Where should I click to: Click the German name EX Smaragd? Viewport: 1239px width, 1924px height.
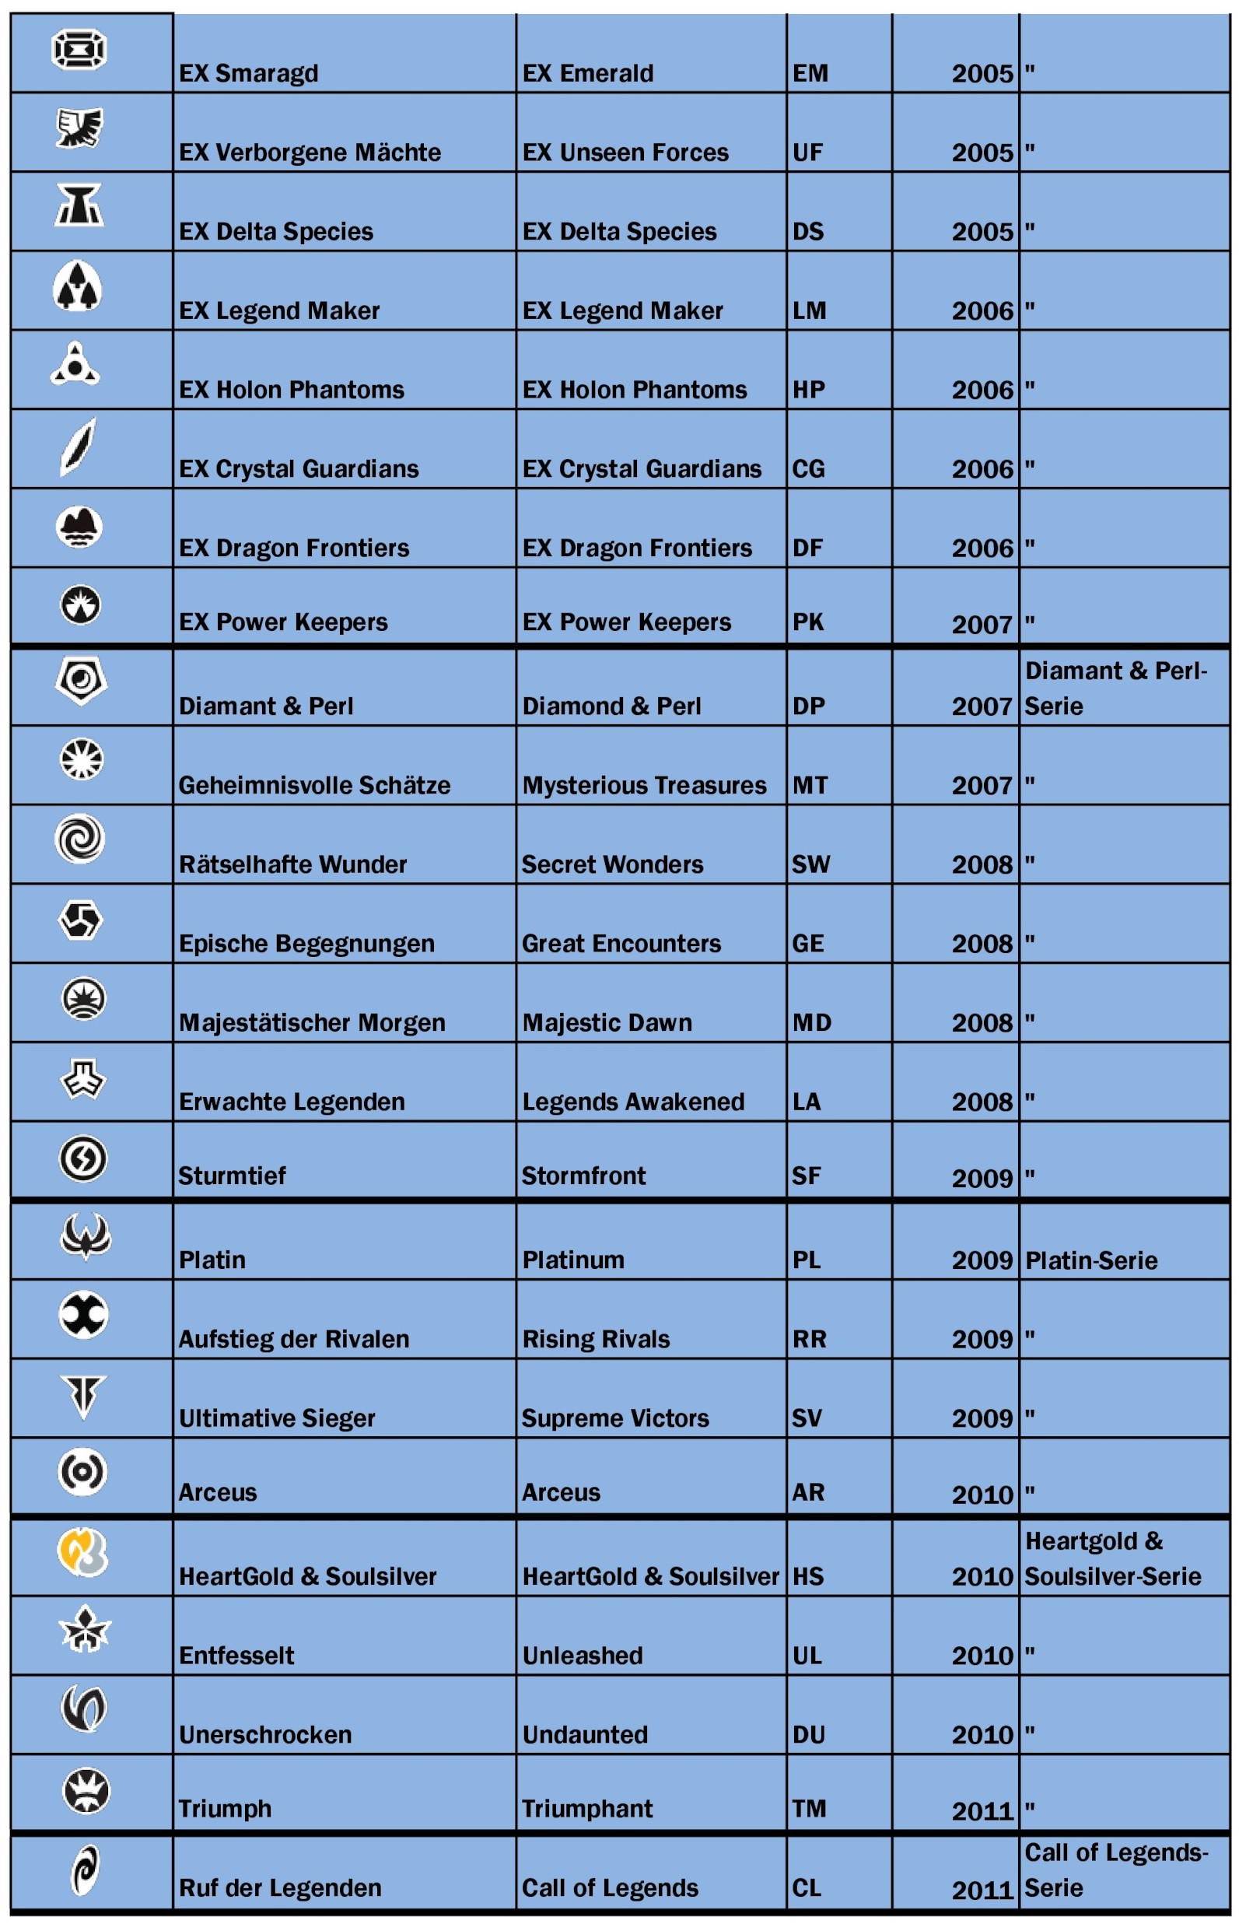(x=249, y=73)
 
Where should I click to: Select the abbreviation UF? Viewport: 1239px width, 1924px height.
(x=808, y=152)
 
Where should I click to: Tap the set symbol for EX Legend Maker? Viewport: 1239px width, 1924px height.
(x=77, y=286)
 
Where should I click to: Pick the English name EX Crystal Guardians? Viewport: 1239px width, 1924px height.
(x=641, y=468)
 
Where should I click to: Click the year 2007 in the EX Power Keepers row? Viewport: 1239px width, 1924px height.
(x=982, y=624)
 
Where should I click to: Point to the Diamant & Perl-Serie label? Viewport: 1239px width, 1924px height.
(x=1115, y=688)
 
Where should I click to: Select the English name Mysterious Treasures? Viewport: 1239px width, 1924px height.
(x=644, y=784)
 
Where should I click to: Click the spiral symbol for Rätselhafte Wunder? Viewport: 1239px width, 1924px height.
(x=79, y=839)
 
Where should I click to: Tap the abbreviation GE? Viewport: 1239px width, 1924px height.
(x=808, y=943)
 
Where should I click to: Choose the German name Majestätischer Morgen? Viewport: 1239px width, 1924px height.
(x=312, y=1022)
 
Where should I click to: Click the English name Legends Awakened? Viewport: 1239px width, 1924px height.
(x=633, y=1101)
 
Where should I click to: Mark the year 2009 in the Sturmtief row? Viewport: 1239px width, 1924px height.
(x=982, y=1177)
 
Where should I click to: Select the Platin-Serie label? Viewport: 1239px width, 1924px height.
(x=1091, y=1260)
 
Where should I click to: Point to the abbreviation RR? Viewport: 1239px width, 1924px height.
(x=810, y=1339)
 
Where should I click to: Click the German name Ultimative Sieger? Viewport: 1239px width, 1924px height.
(x=277, y=1418)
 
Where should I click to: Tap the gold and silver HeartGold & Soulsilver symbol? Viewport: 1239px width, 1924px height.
(x=82, y=1551)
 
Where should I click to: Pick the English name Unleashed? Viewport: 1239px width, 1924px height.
(x=583, y=1656)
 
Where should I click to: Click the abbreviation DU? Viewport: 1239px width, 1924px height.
(x=809, y=1734)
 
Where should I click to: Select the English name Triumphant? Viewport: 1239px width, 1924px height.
(x=587, y=1808)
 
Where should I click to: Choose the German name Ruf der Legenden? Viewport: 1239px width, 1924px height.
(x=280, y=1887)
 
